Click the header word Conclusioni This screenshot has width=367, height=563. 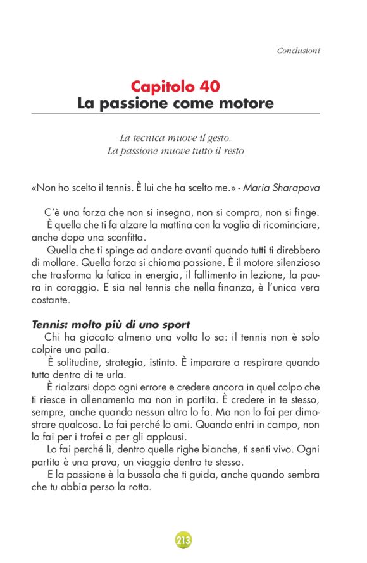pos(298,50)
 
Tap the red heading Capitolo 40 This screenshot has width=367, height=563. pos(175,86)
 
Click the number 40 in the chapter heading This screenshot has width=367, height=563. pos(208,86)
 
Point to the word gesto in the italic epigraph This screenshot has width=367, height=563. pos(217,137)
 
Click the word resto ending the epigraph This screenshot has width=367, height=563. pos(231,151)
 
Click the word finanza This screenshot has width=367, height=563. pos(212,288)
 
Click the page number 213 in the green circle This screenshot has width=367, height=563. pos(183,540)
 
